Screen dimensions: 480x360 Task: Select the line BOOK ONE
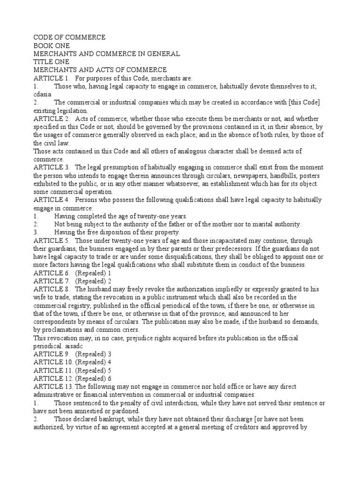pos(52,45)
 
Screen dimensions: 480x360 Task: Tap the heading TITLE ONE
pos(52,62)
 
